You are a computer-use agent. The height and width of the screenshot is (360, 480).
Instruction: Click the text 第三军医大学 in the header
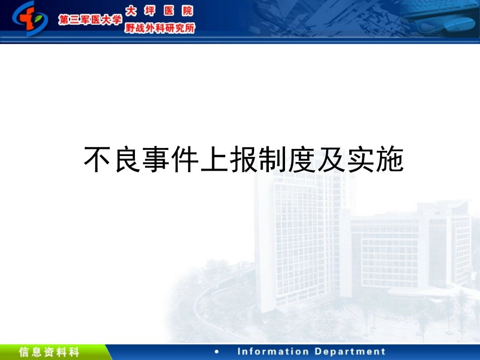click(90, 20)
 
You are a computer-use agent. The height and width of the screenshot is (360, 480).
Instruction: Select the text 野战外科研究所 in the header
click(159, 28)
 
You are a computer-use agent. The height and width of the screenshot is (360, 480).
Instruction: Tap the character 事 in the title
click(156, 160)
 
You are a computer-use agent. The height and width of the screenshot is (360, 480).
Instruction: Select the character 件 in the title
click(185, 160)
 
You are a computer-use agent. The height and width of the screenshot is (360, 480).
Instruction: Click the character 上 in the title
click(214, 160)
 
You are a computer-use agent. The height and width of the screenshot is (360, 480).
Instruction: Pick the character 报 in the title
click(244, 160)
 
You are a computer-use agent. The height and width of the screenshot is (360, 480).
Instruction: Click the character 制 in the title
click(273, 160)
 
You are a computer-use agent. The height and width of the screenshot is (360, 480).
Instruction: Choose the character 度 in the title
click(302, 160)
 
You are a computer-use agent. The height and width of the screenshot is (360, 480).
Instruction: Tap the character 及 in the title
click(331, 160)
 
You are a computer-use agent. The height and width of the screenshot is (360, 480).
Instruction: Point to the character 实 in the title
click(361, 160)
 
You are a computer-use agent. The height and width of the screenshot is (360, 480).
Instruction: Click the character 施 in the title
click(390, 160)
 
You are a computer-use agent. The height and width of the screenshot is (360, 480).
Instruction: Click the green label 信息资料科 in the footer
click(49, 352)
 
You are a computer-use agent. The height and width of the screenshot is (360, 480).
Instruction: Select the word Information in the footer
click(273, 352)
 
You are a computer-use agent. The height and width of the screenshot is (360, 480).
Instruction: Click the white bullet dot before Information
click(217, 352)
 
